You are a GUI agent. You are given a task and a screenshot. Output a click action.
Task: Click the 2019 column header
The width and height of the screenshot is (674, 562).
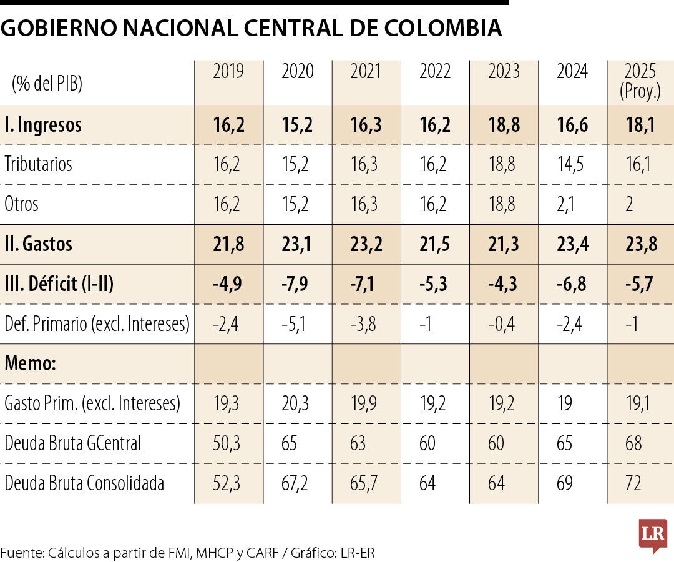click(x=228, y=72)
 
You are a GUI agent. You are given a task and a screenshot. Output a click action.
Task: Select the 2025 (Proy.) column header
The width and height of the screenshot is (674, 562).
click(x=640, y=81)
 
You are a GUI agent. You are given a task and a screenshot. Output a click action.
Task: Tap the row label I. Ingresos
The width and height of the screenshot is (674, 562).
click(x=43, y=124)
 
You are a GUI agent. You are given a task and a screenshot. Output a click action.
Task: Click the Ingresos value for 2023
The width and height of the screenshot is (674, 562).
click(x=504, y=124)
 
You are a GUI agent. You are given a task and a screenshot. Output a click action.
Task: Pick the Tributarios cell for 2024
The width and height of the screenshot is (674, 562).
click(x=572, y=164)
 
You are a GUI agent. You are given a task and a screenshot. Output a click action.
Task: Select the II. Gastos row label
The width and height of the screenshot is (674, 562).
click(x=38, y=244)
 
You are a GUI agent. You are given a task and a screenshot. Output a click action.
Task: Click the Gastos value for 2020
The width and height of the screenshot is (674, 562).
click(x=297, y=244)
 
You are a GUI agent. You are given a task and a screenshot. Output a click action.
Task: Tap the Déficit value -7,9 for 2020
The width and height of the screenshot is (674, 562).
click(x=297, y=284)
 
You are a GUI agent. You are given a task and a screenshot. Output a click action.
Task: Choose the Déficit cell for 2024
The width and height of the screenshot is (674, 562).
click(x=572, y=284)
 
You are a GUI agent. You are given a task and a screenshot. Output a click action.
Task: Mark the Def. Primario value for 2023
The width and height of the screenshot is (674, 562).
click(x=504, y=324)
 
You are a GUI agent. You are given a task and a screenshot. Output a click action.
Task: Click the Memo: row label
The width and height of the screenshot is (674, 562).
click(x=31, y=363)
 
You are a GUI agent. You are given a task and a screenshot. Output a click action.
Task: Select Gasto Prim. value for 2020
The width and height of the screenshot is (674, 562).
click(x=297, y=403)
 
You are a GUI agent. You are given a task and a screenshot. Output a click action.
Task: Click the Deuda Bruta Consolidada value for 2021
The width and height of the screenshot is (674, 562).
click(x=366, y=483)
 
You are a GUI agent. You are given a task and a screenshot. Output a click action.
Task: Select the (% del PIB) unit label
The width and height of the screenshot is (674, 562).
click(x=47, y=82)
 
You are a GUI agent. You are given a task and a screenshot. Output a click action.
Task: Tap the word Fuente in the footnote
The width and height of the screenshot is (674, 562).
click(x=21, y=552)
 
